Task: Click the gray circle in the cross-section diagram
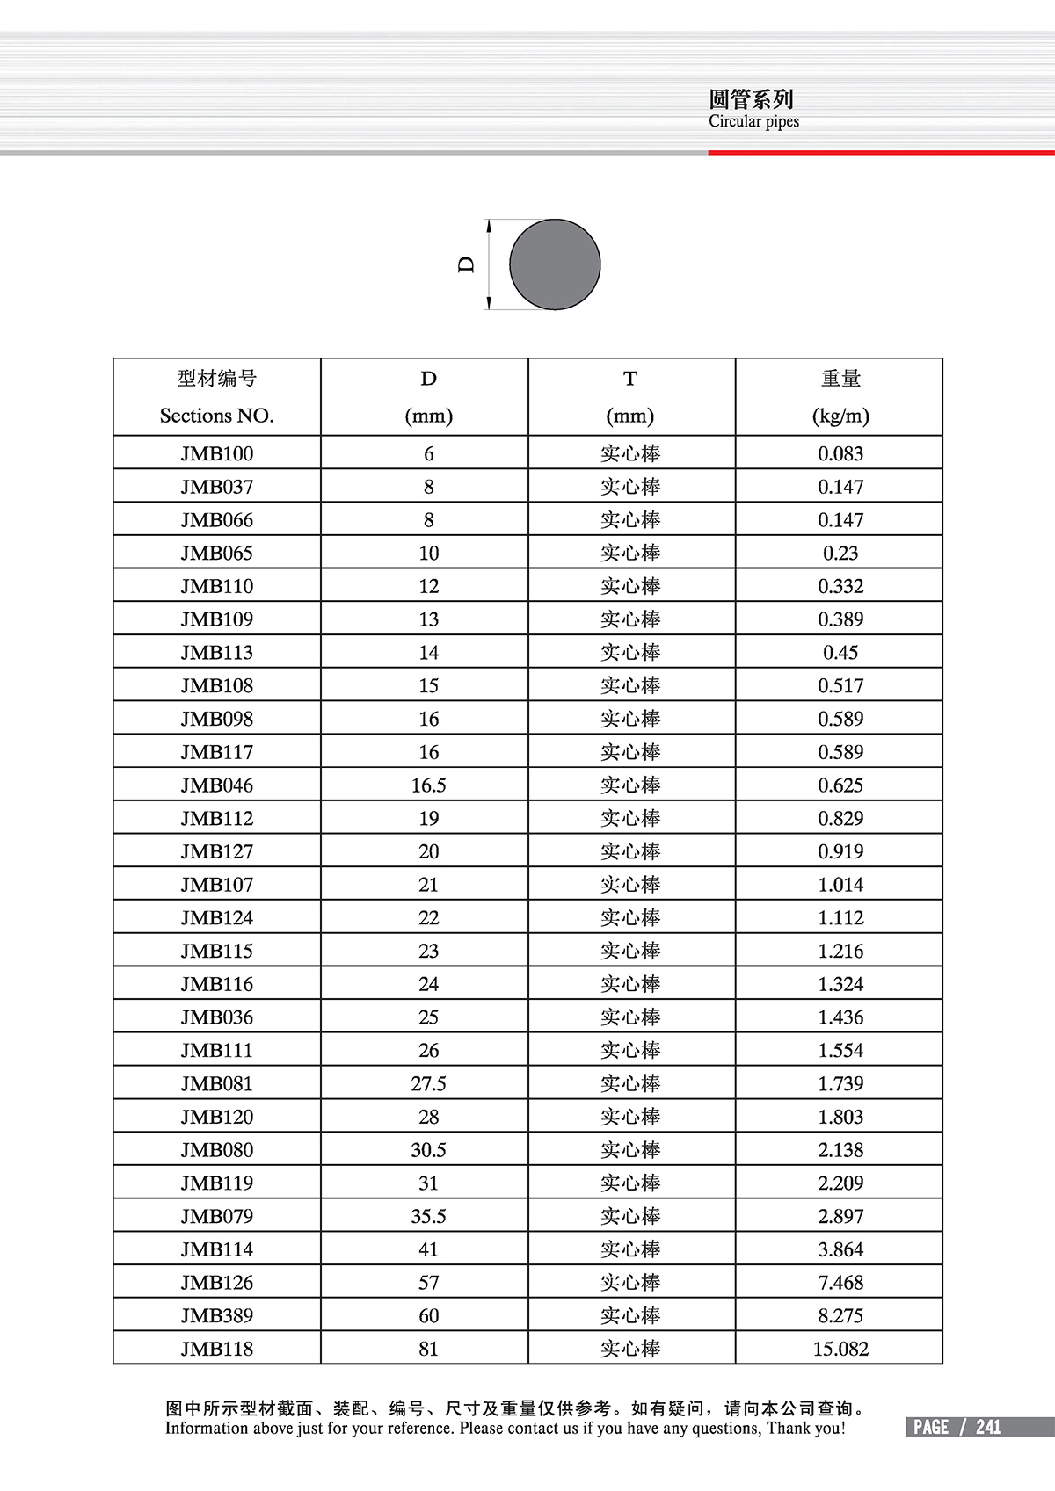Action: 555,264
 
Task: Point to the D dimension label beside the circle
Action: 466,264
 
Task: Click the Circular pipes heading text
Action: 753,122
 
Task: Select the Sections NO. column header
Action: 216,416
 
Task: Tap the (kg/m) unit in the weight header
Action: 840,416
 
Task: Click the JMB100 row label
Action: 216,453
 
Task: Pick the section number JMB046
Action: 216,785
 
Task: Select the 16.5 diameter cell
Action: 428,785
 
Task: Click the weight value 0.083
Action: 840,453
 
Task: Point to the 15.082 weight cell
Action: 840,1349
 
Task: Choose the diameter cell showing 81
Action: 428,1349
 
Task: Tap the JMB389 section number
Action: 216,1315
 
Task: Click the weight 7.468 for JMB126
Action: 840,1283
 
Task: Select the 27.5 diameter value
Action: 428,1083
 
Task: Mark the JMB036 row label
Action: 216,1017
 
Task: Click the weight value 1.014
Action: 840,885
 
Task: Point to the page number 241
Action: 988,1427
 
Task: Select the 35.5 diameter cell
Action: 428,1216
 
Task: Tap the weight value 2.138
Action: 840,1150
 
